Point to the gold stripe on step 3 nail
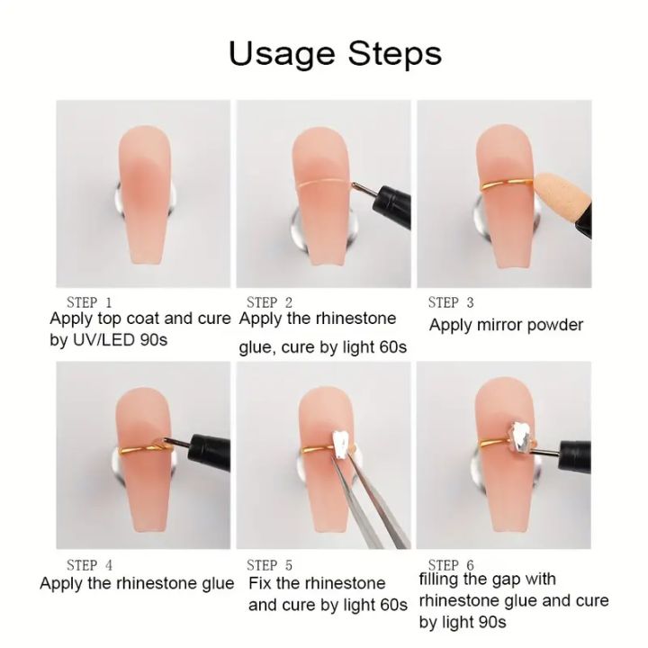tap(499, 187)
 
